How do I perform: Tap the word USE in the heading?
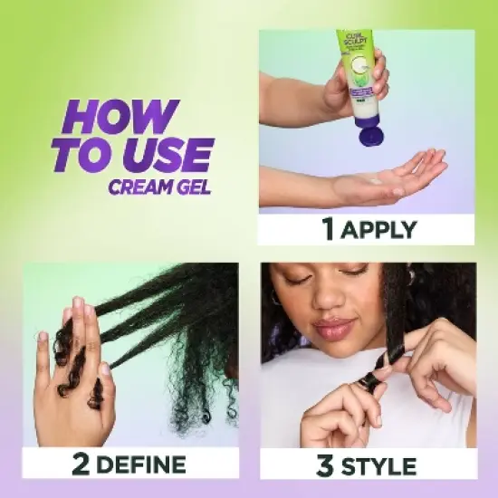172,155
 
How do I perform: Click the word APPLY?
381,229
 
